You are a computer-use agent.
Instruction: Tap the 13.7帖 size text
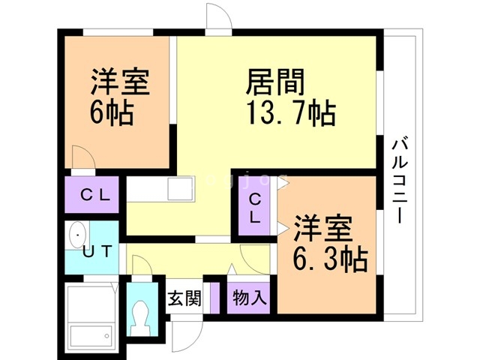click(290, 114)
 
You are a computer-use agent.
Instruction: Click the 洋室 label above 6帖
click(120, 82)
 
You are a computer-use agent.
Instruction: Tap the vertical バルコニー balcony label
click(398, 180)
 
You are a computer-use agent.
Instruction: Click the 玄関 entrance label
click(184, 298)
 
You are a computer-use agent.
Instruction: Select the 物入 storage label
click(249, 298)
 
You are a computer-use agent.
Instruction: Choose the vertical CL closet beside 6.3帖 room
click(256, 208)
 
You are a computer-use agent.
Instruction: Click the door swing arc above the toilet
click(141, 266)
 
